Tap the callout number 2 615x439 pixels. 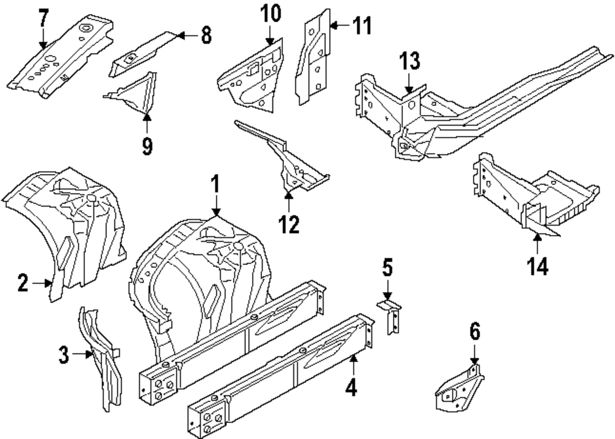(23, 283)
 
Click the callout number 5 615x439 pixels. (387, 269)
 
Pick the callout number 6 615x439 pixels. (474, 334)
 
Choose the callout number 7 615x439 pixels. (42, 19)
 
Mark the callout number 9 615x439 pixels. (147, 146)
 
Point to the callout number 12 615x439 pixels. (288, 224)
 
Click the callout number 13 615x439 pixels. (410, 61)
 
